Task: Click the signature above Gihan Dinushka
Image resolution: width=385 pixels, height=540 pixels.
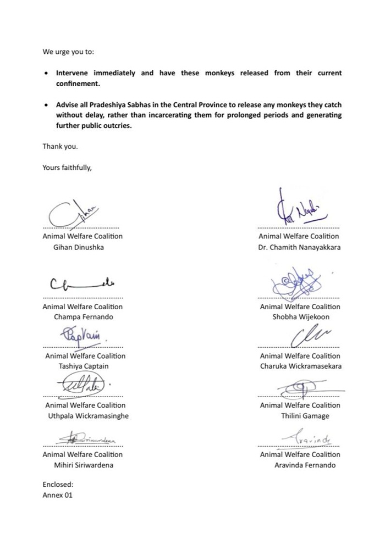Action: tap(77, 213)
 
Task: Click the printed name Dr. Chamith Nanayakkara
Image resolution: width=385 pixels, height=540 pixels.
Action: tap(299, 247)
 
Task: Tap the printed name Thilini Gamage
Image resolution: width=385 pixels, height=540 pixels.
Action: tap(305, 416)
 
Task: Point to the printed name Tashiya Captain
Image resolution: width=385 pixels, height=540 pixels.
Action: tap(81, 366)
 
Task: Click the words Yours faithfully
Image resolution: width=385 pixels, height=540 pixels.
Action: tap(67, 168)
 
